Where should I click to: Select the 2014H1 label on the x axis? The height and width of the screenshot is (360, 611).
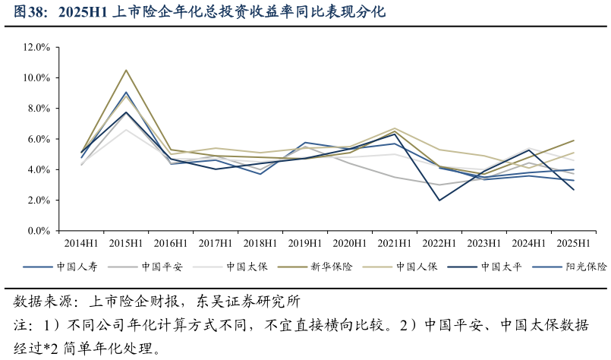point(81,244)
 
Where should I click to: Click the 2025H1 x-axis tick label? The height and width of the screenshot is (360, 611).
point(574,244)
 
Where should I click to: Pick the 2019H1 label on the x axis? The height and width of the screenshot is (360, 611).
point(305,244)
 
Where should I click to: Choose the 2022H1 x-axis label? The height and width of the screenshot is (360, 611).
point(439,244)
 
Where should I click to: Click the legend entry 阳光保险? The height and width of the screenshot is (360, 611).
point(586,267)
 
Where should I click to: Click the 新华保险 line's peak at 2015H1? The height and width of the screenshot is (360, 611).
point(126,70)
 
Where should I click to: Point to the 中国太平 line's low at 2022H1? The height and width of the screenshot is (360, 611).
point(439,201)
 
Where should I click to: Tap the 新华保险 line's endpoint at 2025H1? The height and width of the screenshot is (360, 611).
point(574,141)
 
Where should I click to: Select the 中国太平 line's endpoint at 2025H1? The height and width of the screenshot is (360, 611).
point(574,190)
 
